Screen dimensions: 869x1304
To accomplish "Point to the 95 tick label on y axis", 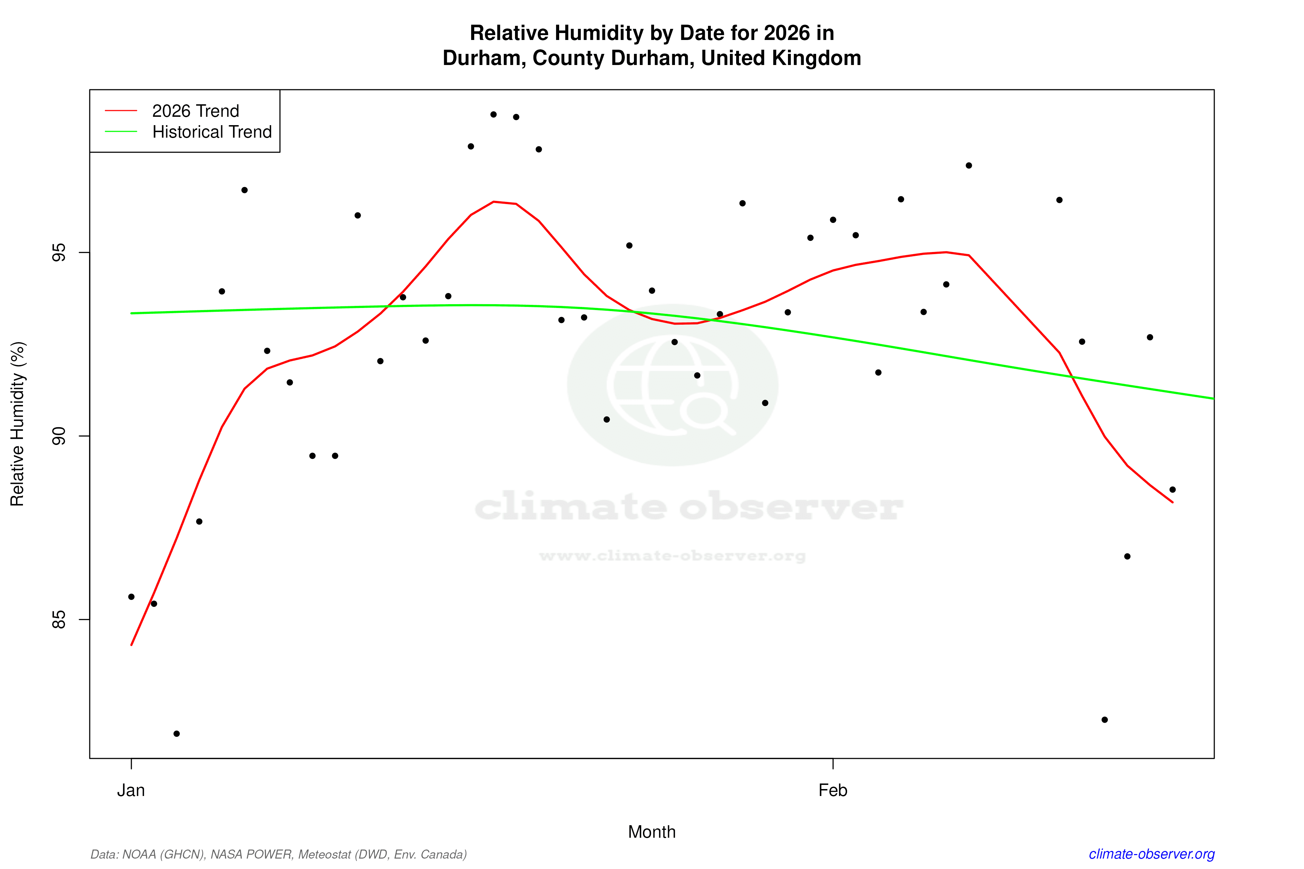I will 58,253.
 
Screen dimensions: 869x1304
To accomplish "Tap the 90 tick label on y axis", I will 58,436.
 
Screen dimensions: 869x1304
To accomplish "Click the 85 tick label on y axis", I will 58,620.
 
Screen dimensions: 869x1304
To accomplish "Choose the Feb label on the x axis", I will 833,790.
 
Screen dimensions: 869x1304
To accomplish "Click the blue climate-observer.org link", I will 1152,854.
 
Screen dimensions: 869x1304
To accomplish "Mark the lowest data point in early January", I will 176,734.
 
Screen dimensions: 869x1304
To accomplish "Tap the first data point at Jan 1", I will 131,597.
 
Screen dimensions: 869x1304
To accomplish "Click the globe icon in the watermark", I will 673,385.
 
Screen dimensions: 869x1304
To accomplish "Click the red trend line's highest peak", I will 493,202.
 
